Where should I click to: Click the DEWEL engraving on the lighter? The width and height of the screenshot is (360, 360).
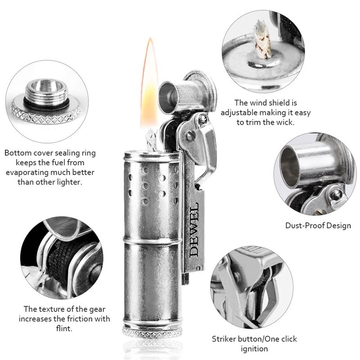click(194, 229)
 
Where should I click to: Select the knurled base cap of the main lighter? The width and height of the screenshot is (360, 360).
click(152, 332)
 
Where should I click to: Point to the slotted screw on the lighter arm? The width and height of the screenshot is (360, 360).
click(189, 136)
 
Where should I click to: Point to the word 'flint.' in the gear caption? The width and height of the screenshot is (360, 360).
click(64, 328)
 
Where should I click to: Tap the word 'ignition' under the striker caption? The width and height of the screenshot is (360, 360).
click(254, 349)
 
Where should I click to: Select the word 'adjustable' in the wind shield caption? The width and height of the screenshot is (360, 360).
click(239, 112)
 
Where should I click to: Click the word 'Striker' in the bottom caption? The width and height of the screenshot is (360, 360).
click(224, 339)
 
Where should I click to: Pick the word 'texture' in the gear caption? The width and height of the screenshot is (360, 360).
click(49, 309)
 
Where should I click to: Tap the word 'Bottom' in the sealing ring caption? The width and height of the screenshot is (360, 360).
click(18, 153)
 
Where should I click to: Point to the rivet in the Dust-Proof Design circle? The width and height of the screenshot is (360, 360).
click(336, 193)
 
